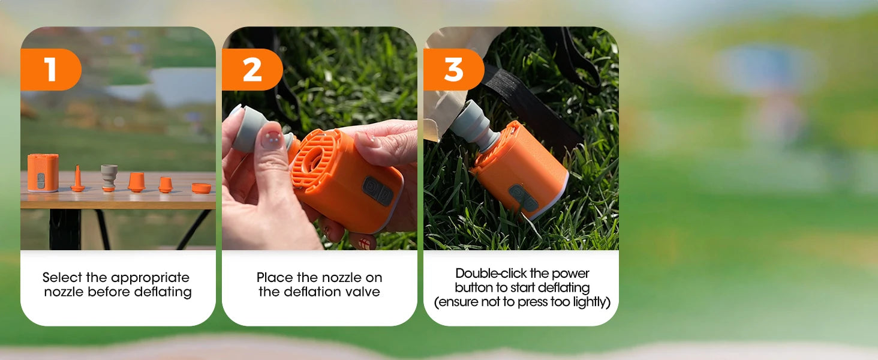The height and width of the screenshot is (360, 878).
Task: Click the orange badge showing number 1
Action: (x=50, y=70)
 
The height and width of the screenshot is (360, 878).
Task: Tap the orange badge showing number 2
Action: (x=252, y=70)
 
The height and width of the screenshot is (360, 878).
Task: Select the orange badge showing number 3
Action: (x=453, y=70)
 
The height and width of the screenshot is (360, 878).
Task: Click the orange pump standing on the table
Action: (x=43, y=173)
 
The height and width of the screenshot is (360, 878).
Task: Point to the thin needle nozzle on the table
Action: (x=77, y=179)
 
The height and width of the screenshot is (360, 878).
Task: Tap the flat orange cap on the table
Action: (x=201, y=188)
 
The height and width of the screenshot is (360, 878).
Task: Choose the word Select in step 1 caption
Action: (x=62, y=278)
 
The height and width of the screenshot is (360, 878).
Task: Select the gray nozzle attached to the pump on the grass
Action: (x=475, y=126)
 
